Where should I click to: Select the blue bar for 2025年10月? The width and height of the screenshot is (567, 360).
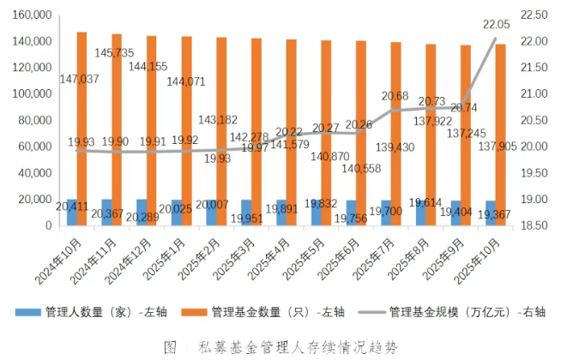[491, 213]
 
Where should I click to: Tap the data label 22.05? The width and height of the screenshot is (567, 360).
[497, 24]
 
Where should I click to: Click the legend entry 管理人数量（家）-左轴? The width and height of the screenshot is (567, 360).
[126, 312]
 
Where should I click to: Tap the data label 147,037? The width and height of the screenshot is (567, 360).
[78, 79]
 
